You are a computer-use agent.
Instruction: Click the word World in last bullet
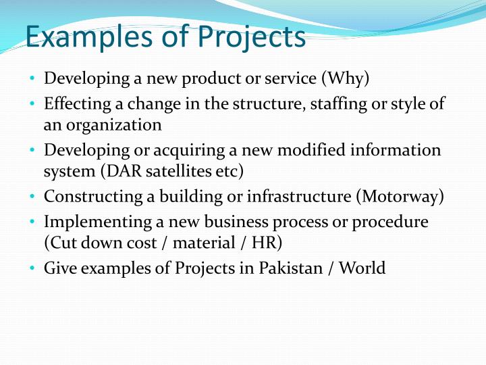[x=362, y=269]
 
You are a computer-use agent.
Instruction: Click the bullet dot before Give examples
[x=32, y=269]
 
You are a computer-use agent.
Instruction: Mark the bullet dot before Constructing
[x=32, y=197]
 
